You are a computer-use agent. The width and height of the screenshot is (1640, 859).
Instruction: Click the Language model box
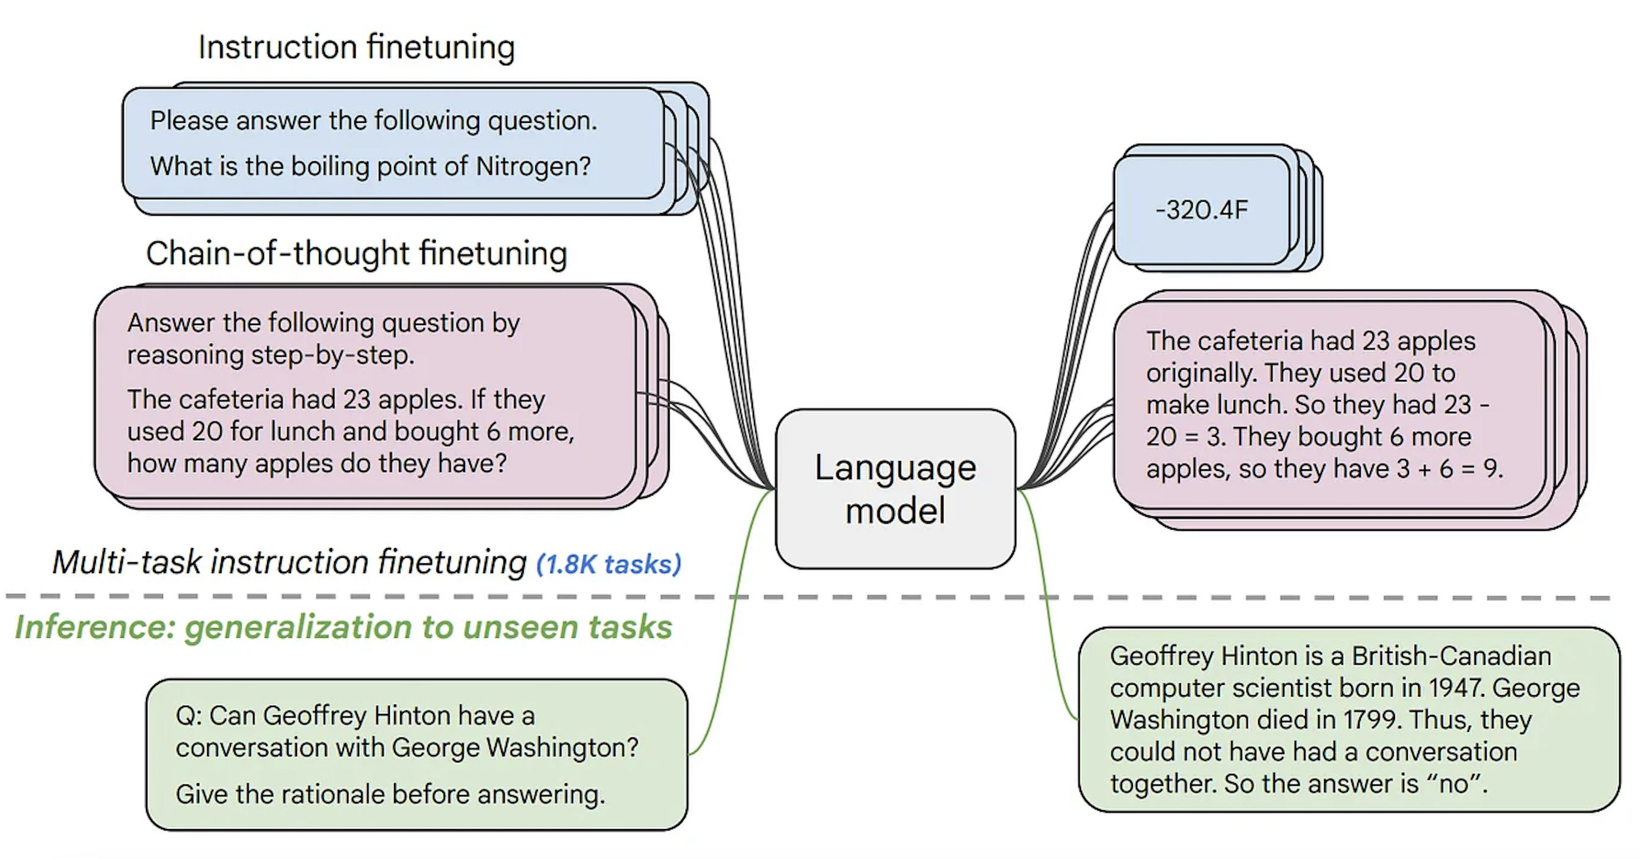pyautogui.click(x=895, y=488)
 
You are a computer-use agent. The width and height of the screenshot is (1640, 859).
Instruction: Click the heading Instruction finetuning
pyautogui.click(x=356, y=48)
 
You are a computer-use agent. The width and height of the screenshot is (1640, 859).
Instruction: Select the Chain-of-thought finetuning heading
pyautogui.click(x=356, y=254)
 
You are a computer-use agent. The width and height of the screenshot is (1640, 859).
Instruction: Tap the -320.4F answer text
pyautogui.click(x=1202, y=210)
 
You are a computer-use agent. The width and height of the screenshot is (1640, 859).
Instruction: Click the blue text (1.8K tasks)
pyautogui.click(x=609, y=564)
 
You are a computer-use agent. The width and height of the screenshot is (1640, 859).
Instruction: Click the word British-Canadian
pyautogui.click(x=1452, y=657)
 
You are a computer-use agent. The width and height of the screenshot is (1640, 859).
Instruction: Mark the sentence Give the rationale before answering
pyautogui.click(x=390, y=795)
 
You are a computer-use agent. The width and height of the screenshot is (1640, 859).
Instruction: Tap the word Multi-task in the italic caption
pyautogui.click(x=126, y=563)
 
